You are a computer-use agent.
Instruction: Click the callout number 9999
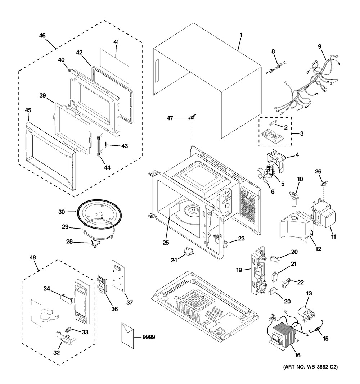[148, 337]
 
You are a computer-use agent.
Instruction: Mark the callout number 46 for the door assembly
[42, 36]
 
